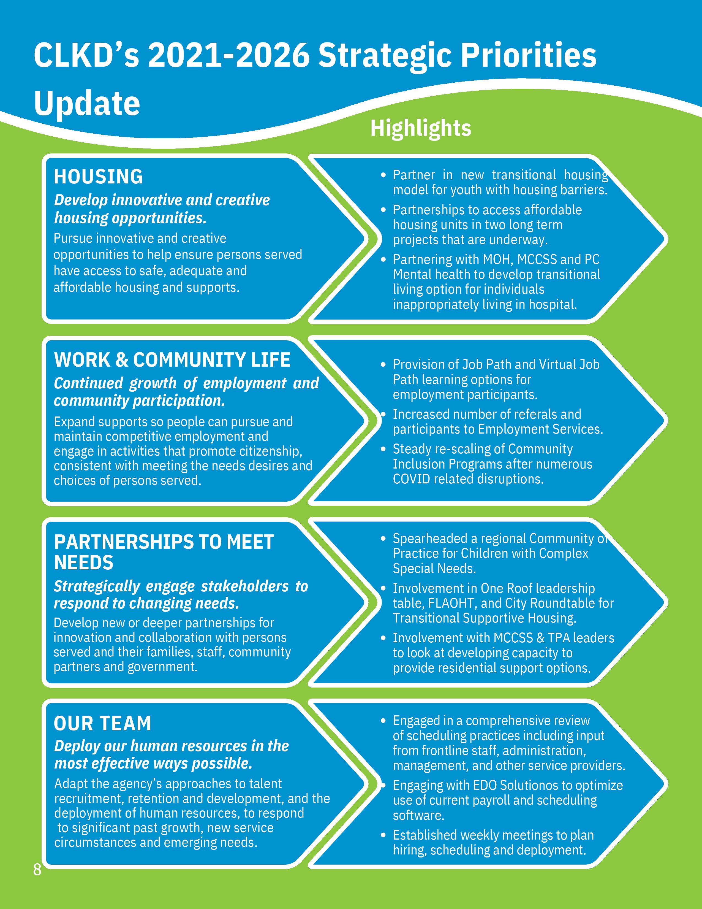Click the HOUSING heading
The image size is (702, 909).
(x=98, y=177)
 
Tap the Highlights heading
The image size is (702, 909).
(x=420, y=128)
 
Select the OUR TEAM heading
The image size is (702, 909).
(x=102, y=723)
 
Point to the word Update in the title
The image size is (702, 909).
(x=86, y=103)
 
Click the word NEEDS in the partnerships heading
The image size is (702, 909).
(x=84, y=563)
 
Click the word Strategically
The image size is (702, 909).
(x=96, y=586)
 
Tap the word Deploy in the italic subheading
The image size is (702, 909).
(x=77, y=746)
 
